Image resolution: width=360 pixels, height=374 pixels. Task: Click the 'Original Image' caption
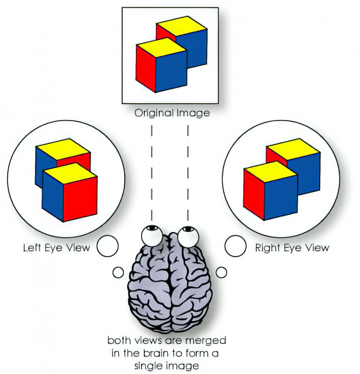click(172, 113)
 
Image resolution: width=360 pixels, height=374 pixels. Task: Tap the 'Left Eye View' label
click(57, 248)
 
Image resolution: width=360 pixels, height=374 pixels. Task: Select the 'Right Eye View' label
click(292, 248)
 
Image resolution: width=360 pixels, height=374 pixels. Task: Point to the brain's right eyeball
click(186, 234)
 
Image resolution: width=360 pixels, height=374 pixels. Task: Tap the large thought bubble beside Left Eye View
click(108, 246)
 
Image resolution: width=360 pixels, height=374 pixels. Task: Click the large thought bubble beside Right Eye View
click(235, 246)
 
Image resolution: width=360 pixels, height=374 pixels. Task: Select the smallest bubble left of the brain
click(118, 272)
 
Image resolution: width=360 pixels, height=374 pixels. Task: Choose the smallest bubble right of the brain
click(221, 272)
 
